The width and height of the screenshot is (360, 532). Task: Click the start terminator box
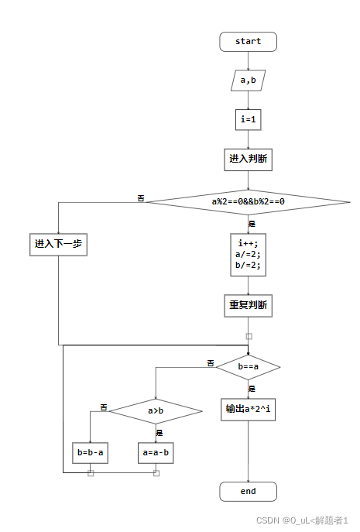(248, 42)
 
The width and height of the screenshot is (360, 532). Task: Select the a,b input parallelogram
(248, 80)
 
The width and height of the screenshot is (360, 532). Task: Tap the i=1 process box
(248, 119)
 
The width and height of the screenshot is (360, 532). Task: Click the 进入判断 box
(248, 159)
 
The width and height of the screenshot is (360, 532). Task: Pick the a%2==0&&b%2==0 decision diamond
(248, 202)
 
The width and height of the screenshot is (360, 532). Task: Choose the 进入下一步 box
(58, 244)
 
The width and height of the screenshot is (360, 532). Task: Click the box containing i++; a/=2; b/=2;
(248, 255)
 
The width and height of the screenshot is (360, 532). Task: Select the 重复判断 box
(248, 305)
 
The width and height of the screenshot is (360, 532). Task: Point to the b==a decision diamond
(248, 366)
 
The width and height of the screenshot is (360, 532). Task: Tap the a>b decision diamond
(156, 411)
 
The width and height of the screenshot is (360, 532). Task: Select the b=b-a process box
(90, 452)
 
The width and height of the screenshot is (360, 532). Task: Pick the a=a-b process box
(156, 452)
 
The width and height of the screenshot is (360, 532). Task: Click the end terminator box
(248, 491)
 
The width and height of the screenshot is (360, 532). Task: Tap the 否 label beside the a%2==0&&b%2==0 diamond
(141, 198)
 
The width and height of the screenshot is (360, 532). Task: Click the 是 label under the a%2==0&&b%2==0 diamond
(252, 223)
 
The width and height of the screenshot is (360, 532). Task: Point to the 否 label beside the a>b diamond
(103, 407)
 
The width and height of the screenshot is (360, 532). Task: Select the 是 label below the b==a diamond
(252, 388)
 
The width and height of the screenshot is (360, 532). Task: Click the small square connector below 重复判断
(249, 336)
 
